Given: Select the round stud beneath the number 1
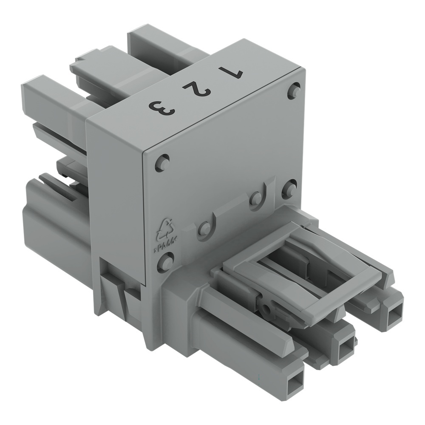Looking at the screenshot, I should tap(294, 91).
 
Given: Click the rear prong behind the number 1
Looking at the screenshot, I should tap(149, 40).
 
